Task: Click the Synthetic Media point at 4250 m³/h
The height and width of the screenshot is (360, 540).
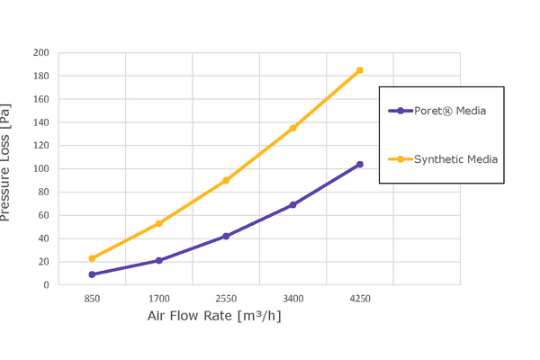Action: coord(360,70)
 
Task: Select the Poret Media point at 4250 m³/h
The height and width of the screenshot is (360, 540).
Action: coord(360,165)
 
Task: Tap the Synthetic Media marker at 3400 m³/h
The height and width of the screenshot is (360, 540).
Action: coord(292,128)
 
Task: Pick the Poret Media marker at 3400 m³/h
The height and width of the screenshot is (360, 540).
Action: coord(292,205)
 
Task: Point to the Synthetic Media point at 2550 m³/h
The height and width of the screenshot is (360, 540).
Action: coord(226,180)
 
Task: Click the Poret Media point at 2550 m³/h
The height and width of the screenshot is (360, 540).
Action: coord(226,236)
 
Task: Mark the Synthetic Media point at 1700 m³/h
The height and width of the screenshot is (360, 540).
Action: coord(158,223)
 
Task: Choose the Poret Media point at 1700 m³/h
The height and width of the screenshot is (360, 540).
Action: coord(158,260)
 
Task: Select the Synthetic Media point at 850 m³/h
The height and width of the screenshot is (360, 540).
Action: coord(92,258)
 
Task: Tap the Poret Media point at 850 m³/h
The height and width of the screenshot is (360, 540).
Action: coord(92,274)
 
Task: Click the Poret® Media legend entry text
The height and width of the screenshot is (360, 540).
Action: coord(450,112)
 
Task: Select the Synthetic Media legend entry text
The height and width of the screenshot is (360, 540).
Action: coord(455,159)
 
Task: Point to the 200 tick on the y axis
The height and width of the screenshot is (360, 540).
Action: coord(40,52)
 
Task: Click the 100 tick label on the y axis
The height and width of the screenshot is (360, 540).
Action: coord(40,168)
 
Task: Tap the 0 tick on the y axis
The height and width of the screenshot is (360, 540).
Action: coord(46,284)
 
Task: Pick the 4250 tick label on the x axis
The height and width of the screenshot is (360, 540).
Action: coord(360,298)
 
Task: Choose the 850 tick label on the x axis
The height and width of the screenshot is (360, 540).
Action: coord(92,298)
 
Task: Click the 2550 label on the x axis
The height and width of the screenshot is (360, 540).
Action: coord(226,298)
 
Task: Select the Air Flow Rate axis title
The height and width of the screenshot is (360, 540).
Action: coord(220,317)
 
